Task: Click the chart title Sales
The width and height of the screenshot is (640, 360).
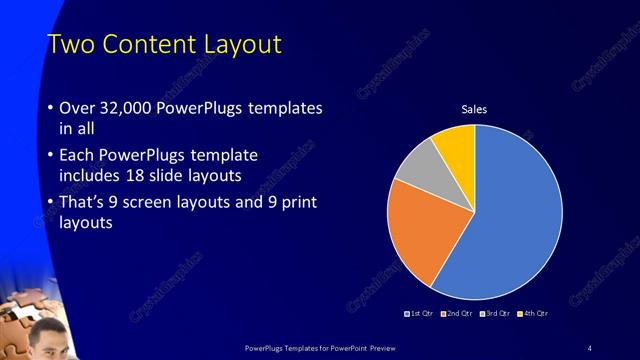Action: pos(474,109)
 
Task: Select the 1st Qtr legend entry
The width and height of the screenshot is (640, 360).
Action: pos(417,314)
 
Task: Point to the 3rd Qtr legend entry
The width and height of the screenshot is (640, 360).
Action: pos(495,314)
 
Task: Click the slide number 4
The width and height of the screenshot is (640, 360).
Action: pos(590,347)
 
